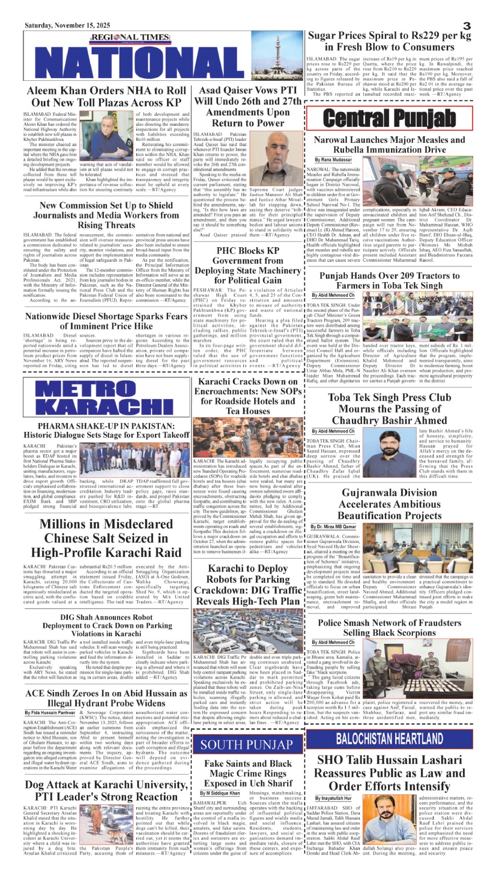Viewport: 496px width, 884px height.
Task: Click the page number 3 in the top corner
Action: point(467,26)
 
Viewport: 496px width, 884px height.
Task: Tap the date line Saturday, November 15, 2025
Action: point(67,25)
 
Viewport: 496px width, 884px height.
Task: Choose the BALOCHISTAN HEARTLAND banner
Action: point(389,738)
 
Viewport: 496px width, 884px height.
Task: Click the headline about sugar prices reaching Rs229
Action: point(389,41)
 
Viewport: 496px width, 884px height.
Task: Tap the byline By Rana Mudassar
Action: point(334,160)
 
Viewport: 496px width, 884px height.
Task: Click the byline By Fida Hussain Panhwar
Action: point(50,712)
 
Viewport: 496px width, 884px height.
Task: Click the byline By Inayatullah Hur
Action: point(333,798)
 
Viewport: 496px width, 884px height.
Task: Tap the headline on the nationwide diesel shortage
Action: point(107,321)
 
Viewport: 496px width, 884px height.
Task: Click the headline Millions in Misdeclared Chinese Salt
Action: point(107,538)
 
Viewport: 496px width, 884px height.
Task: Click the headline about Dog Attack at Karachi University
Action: point(107,791)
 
